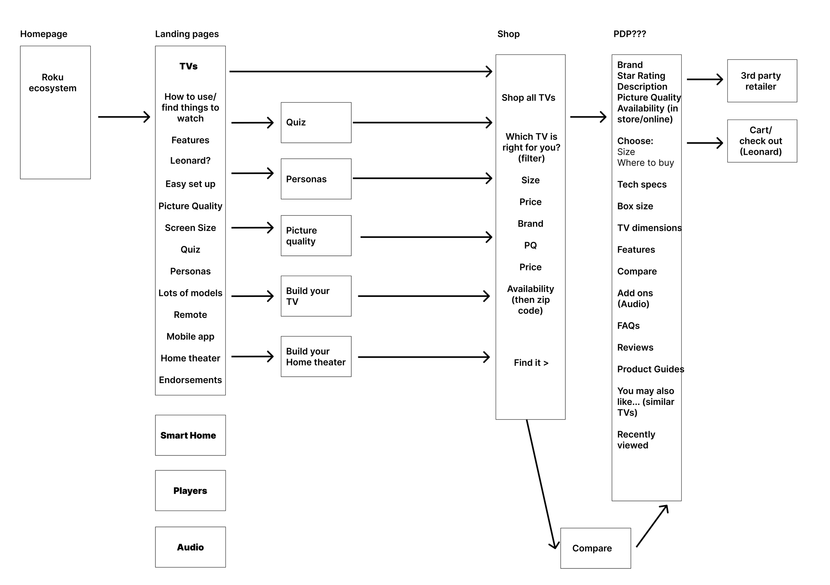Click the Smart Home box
point(191,435)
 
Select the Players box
point(191,491)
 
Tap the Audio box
point(191,547)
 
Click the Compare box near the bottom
point(596,548)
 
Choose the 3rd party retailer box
point(762,81)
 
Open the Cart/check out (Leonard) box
point(762,141)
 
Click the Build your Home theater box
point(316,356)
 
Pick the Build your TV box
point(316,296)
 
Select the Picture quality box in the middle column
point(316,236)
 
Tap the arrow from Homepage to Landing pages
point(124,117)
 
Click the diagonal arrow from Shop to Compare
point(541,484)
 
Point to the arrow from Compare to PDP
point(652,526)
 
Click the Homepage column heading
point(44,34)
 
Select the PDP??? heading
point(630,34)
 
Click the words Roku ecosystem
point(53,82)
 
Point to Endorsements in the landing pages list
point(191,380)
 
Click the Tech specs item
point(642,184)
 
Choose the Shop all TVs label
point(529,98)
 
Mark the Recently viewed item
point(636,439)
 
